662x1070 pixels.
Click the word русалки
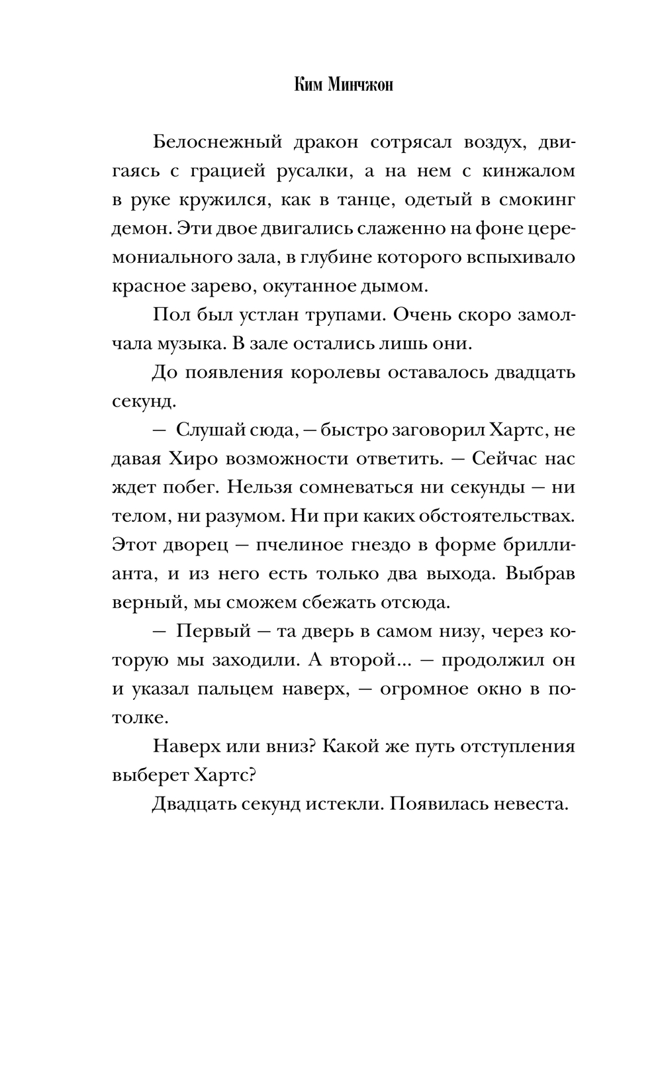(312, 171)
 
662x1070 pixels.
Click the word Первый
(214, 631)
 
